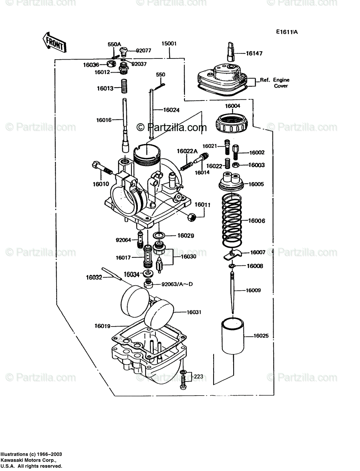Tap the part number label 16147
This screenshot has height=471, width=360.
[x=254, y=53]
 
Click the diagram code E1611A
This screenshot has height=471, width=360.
[x=286, y=32]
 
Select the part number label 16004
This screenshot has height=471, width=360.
[x=232, y=106]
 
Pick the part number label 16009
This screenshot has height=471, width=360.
[x=253, y=290]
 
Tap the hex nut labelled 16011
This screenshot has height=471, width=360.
[x=192, y=216]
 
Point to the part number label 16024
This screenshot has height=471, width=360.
[x=171, y=110]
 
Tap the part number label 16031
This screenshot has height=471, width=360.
[x=194, y=312]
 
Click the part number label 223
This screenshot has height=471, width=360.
[x=199, y=376]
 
